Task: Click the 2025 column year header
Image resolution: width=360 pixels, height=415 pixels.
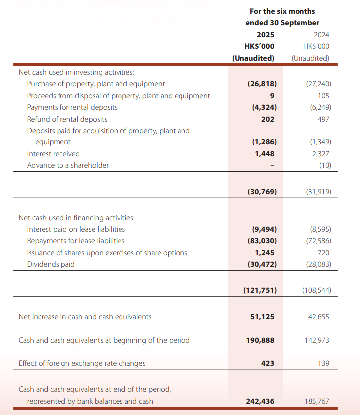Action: (265, 35)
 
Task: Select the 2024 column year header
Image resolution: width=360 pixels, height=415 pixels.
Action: (321, 35)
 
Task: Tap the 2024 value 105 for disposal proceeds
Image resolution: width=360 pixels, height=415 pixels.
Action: (323, 96)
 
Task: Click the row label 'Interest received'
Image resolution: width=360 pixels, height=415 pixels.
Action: (53, 154)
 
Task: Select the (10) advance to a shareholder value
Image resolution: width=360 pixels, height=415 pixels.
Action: (324, 165)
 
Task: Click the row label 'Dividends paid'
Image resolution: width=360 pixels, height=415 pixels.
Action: (51, 264)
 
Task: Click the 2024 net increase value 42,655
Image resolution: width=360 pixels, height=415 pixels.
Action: (318, 317)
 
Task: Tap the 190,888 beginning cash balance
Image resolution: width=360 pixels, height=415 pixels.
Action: (261, 340)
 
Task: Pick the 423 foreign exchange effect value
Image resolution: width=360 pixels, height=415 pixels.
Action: (268, 363)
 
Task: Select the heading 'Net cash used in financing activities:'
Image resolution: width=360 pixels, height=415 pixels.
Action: (76, 218)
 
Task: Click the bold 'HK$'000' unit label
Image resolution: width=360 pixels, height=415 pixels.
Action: (259, 46)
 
